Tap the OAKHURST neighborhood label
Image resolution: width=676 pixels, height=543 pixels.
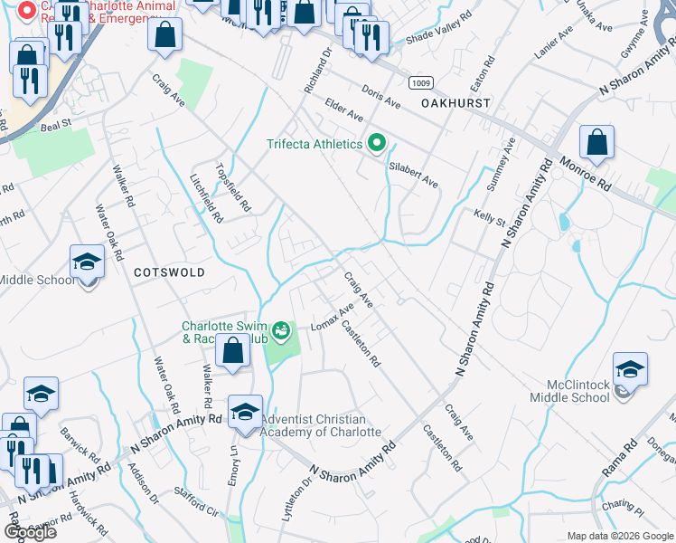point(455,103)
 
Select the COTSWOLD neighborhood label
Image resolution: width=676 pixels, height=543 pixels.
point(169,271)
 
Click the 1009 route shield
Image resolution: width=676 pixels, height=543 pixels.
point(419,82)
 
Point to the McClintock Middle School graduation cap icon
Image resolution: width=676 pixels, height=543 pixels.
point(630,370)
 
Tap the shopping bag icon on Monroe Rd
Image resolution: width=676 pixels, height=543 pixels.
point(596,143)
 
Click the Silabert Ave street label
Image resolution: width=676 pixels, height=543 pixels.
point(413,175)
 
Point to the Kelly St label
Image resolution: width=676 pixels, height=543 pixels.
point(489,216)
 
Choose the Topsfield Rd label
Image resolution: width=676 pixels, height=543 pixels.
point(232,182)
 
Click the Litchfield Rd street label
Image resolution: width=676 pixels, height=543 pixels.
point(206,198)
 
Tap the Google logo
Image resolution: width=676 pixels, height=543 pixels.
point(29,531)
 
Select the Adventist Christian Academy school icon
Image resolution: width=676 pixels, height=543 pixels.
point(245,413)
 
